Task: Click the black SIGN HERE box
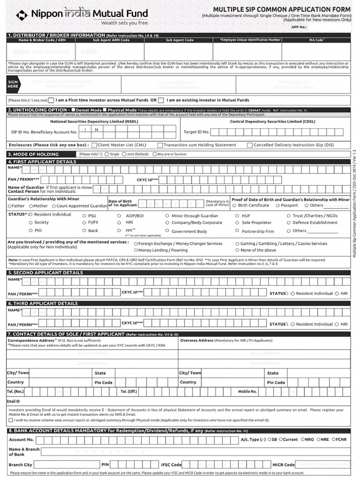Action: click(x=13, y=84)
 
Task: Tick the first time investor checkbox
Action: click(x=52, y=100)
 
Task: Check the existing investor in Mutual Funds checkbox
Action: click(x=161, y=100)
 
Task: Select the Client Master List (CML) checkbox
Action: click(x=94, y=145)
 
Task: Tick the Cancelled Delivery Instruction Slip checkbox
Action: click(x=250, y=145)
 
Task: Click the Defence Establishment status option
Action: click(x=288, y=223)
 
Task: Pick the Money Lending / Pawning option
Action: click(x=136, y=250)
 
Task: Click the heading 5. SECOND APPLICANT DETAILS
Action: click(x=45, y=272)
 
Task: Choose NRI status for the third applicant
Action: click(x=337, y=324)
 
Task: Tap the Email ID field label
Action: click(x=13, y=401)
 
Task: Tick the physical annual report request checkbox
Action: click(x=11, y=420)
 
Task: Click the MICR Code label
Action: click(x=283, y=465)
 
